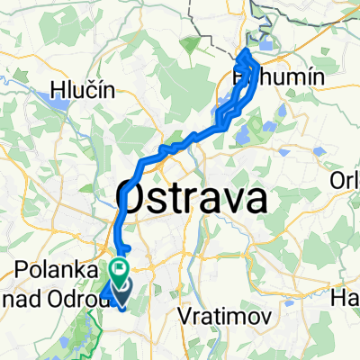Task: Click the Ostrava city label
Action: point(192,198)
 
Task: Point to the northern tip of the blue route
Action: point(245,54)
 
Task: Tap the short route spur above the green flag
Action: point(127,247)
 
